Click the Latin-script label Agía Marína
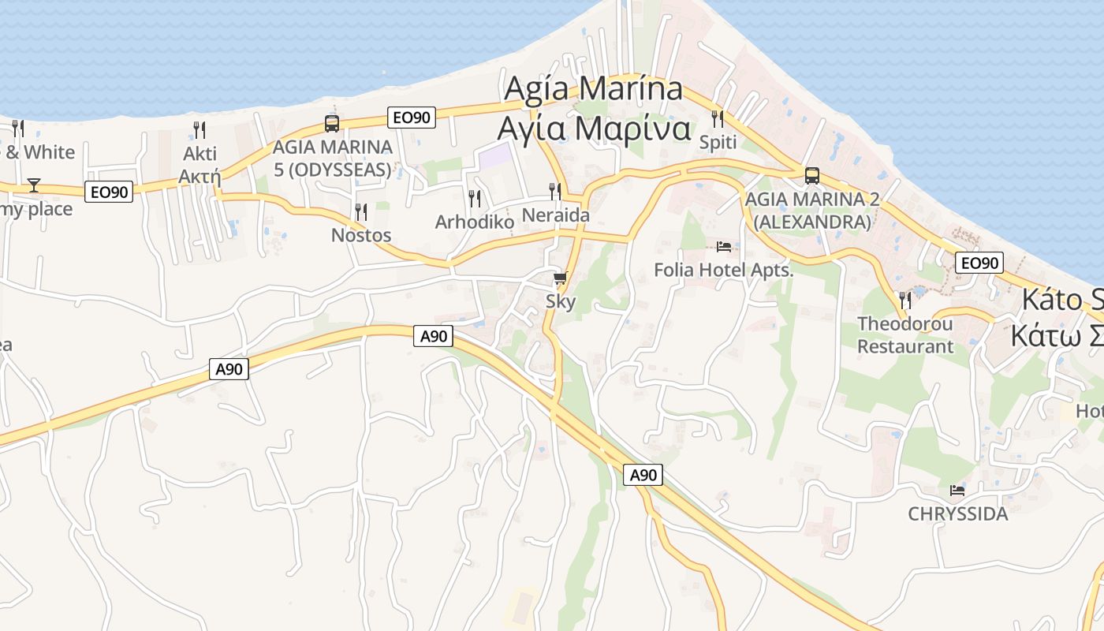[x=593, y=88]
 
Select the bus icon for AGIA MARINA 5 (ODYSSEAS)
[x=332, y=124]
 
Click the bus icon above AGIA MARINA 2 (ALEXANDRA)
[x=811, y=176]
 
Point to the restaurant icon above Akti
[x=200, y=129]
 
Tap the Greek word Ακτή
[x=200, y=176]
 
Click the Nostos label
[x=361, y=235]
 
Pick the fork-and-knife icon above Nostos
[x=361, y=211]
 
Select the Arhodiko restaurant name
[x=475, y=222]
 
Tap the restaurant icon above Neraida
[x=555, y=191]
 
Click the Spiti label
[x=718, y=142]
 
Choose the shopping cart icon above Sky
[x=560, y=278]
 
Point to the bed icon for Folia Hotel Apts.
[x=723, y=247]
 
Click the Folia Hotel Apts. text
[x=723, y=271]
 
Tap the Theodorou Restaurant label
[x=905, y=334]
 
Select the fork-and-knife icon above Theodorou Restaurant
[x=905, y=301]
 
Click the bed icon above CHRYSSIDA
[x=957, y=491]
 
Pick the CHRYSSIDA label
[x=957, y=514]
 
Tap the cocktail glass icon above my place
[x=33, y=185]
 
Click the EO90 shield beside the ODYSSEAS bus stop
[x=412, y=118]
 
